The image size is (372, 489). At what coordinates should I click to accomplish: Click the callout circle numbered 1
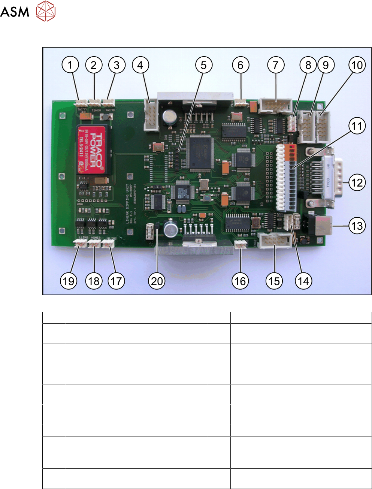tap(70, 65)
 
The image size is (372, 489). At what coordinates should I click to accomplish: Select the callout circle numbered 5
tap(204, 65)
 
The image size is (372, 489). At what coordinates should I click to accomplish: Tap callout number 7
tap(276, 65)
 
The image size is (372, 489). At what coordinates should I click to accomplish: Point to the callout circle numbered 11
tap(357, 126)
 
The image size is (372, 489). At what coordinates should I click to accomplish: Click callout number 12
tap(357, 183)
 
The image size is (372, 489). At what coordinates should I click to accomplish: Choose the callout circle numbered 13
tap(357, 226)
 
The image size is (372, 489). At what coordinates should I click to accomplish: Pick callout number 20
tap(157, 281)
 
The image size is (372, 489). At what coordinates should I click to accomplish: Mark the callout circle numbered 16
tap(240, 281)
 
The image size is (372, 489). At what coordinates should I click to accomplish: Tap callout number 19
tap(69, 281)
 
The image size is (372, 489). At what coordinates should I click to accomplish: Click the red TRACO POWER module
tap(92, 150)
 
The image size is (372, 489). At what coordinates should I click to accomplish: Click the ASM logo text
tap(15, 12)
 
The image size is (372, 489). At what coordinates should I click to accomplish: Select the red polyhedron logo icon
tap(46, 11)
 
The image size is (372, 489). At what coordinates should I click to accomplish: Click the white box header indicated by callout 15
tap(275, 240)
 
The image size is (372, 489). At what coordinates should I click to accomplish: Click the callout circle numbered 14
tap(303, 281)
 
